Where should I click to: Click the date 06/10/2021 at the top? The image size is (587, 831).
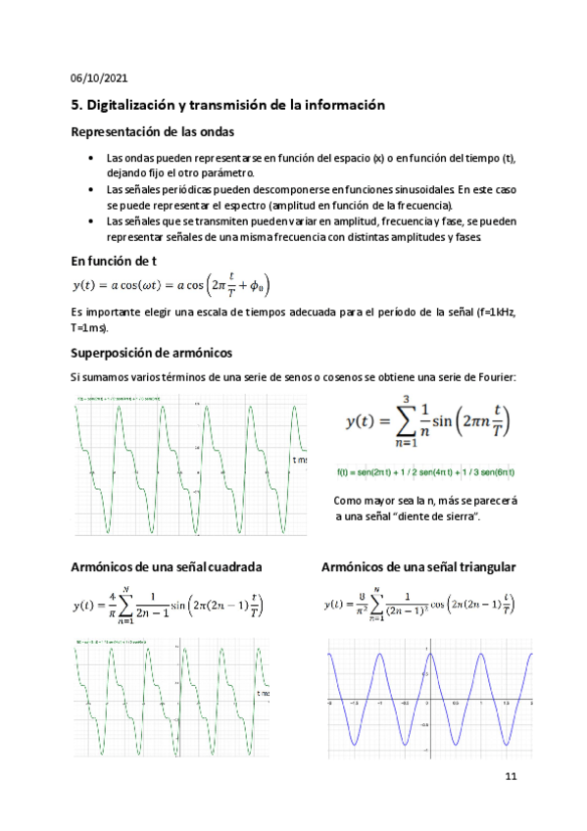[99, 78]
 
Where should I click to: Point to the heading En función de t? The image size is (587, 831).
[115, 262]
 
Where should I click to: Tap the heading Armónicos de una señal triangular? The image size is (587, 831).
[419, 567]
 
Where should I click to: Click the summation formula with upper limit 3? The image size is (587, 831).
[427, 421]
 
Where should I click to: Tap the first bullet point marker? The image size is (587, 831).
[90, 158]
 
